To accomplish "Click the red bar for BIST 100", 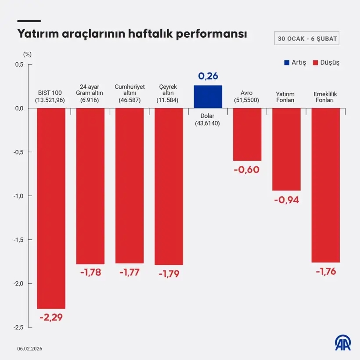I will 51,208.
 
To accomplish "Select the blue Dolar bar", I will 208,97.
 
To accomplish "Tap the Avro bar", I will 247,134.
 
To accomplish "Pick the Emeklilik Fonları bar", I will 325,185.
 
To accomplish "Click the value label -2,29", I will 51,317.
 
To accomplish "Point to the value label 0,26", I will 208,76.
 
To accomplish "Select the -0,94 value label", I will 286,200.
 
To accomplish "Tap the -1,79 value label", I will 169,274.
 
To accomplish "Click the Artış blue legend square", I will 287,62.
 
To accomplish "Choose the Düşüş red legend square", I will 315,62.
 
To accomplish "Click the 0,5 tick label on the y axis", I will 19,65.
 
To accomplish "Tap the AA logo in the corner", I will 343,343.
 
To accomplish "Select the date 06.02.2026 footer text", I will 30,349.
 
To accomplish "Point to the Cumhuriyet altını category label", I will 130,94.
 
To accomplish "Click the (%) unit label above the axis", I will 27,54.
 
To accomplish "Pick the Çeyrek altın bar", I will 169,187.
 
